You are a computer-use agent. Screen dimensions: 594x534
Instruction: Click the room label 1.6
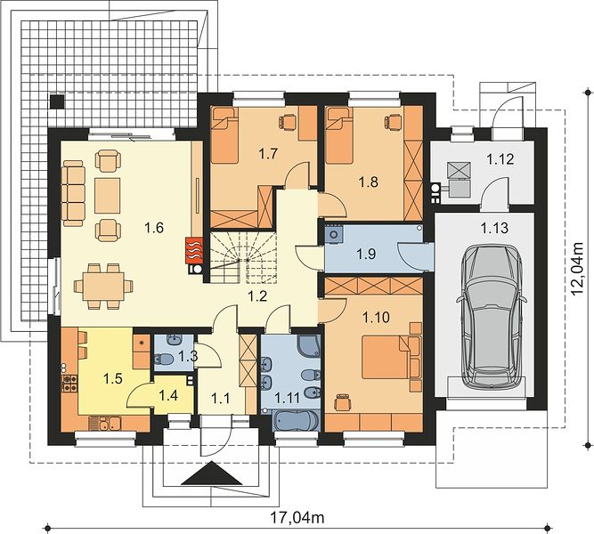154,228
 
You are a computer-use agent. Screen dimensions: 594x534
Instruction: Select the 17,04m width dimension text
297,516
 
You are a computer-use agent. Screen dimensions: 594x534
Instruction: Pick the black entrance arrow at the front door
212,473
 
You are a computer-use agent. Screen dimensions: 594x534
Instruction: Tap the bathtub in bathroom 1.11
296,420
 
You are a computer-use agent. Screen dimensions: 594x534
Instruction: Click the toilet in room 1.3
163,359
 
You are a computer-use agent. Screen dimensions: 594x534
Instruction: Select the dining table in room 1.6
103,286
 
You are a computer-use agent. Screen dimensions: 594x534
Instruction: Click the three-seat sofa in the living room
74,193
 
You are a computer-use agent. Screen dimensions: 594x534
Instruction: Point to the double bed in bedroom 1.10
392,358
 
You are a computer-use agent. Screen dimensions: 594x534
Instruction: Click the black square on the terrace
57,101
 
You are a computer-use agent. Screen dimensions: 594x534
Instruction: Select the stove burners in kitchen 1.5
69,383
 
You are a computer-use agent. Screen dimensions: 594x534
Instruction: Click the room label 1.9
366,254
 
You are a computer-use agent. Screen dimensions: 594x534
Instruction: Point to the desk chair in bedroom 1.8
394,121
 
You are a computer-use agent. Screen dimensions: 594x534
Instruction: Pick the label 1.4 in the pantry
168,395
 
